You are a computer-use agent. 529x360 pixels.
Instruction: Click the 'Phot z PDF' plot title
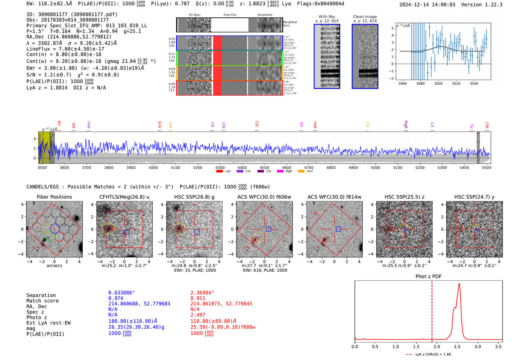point(428,276)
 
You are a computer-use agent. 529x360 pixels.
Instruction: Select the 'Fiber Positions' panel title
point(54,197)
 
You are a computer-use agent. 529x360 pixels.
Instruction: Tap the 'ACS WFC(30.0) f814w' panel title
point(334,197)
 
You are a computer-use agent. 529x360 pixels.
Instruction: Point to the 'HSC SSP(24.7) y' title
point(474,197)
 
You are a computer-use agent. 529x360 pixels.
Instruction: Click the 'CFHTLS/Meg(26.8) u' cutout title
point(124,197)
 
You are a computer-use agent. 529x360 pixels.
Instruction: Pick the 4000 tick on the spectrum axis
point(153,167)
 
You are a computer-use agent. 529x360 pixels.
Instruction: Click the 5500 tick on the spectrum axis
point(486,167)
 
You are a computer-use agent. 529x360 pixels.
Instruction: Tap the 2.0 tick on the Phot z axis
point(436,346)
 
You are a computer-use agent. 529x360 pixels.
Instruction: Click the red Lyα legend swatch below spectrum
point(219,172)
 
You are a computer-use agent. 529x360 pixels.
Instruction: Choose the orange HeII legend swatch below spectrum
point(301,172)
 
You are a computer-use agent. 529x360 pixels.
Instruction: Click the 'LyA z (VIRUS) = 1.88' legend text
point(433,354)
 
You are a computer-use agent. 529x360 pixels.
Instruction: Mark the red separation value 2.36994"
point(202,293)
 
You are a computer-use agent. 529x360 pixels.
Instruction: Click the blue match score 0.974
point(116,298)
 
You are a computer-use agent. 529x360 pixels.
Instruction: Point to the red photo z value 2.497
point(198,315)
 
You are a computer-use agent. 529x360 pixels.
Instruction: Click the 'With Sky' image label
point(326,17)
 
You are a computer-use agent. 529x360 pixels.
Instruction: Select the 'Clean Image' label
point(365,17)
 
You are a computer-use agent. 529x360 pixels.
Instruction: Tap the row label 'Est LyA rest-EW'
point(48,323)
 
